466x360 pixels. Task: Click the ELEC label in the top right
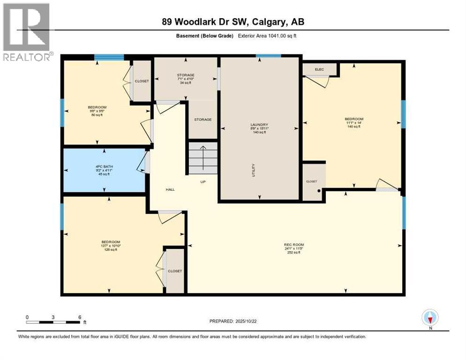[x=319, y=69]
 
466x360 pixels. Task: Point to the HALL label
[x=170, y=189]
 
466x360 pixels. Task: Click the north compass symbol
[x=430, y=318]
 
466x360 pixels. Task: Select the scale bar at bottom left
[x=53, y=322]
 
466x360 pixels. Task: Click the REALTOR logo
[x=26, y=32]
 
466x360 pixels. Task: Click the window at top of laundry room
[x=269, y=56]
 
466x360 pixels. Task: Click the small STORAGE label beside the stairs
[x=203, y=120]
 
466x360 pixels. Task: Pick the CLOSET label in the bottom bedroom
[x=175, y=271]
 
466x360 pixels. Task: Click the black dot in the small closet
[x=319, y=191]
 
